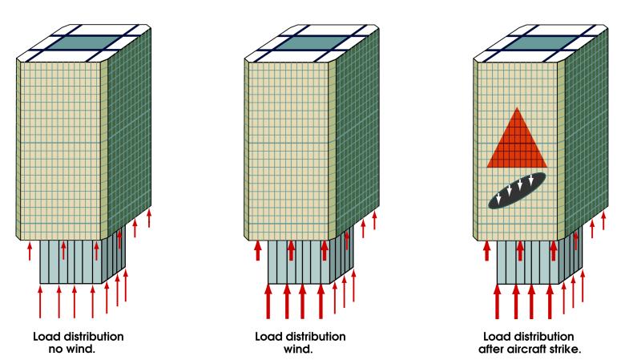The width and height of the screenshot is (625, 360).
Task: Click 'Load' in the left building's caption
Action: tap(47, 336)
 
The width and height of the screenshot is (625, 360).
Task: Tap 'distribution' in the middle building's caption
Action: tap(314, 336)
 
